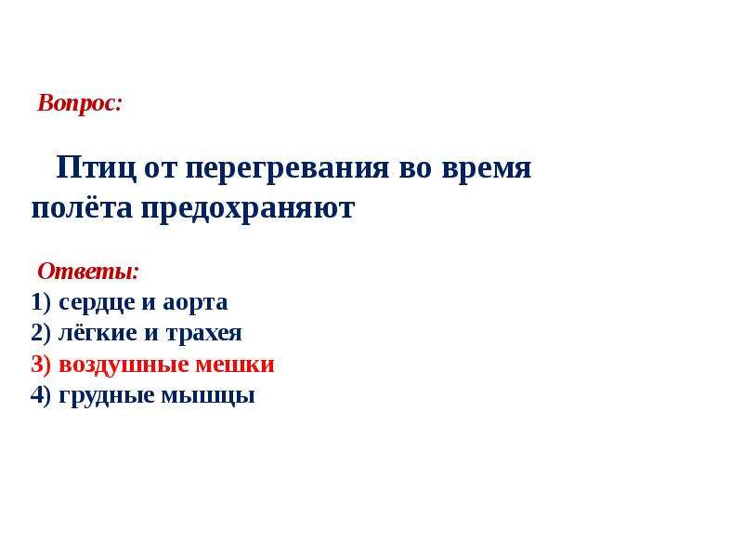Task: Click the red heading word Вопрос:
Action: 80,104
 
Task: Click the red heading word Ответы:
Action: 88,272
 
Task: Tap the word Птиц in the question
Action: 97,168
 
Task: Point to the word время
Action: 487,170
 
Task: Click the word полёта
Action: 82,207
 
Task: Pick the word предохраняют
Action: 248,210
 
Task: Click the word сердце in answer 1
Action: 97,303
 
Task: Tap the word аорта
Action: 195,304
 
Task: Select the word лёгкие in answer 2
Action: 98,333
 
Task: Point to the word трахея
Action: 204,334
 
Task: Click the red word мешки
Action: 235,365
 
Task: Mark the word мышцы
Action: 208,397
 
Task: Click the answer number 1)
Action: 41,301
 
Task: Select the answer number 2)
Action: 41,333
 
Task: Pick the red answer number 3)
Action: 41,365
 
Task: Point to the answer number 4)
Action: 41,395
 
